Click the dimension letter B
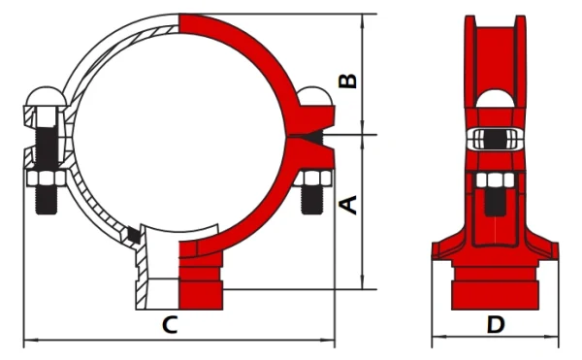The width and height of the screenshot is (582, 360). [348, 81]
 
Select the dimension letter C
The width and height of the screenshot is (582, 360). [170, 324]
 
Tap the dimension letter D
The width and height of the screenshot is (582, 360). [496, 325]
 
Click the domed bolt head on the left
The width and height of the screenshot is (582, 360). [47, 96]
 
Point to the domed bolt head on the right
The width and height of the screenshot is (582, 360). [316, 96]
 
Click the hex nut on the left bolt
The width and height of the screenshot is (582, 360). [47, 179]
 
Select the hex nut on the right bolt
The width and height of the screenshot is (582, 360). [313, 179]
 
